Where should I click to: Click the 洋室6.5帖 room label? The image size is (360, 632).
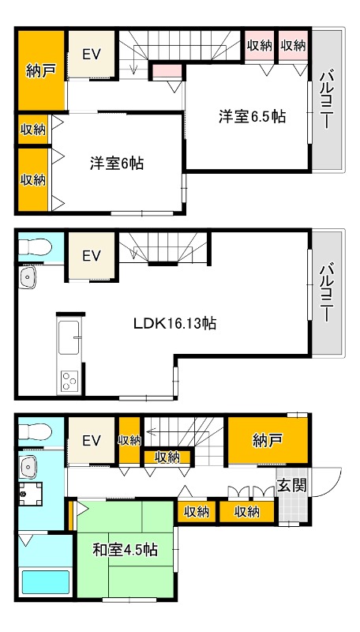[252, 117]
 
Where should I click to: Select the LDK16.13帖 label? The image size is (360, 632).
[175, 322]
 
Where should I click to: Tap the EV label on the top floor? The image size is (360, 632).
[92, 55]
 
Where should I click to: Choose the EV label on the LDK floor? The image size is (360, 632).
[92, 255]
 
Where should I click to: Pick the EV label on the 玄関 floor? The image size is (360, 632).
[92, 441]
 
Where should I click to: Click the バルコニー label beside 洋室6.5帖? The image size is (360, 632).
[326, 100]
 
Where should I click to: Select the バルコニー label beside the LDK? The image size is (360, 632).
[326, 292]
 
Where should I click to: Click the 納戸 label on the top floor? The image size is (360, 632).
[39, 70]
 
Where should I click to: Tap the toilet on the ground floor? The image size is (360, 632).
[34, 432]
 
